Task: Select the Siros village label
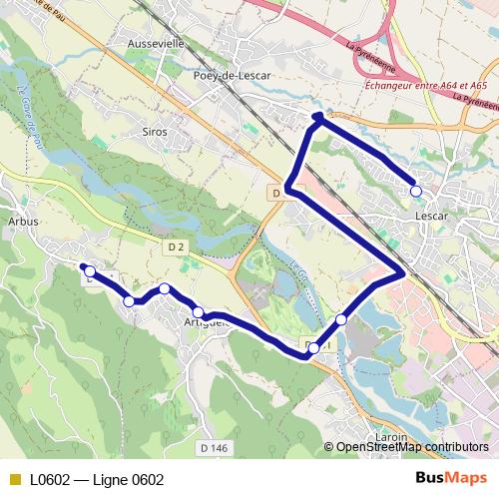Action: pyautogui.click(x=155, y=131)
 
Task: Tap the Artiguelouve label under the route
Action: pyautogui.click(x=207, y=321)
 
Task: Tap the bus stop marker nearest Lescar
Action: pyautogui.click(x=416, y=191)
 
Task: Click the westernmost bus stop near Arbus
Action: pyautogui.click(x=90, y=271)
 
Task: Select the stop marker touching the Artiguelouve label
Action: pyautogui.click(x=198, y=312)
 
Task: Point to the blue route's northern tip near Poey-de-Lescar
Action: pyautogui.click(x=317, y=118)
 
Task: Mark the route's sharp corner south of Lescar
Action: pyautogui.click(x=401, y=271)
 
